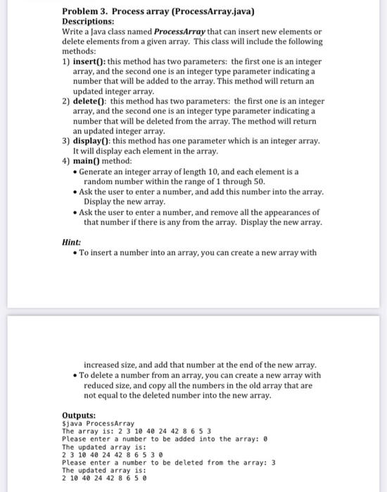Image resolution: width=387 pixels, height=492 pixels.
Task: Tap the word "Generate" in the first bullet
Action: coord(96,171)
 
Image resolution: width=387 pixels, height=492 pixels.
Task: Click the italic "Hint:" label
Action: coord(71,242)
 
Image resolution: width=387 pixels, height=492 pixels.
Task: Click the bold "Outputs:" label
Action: coord(79,415)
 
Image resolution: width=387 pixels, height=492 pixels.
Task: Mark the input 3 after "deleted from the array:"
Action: coord(274,462)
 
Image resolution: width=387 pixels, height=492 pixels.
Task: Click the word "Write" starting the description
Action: coord(73,32)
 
